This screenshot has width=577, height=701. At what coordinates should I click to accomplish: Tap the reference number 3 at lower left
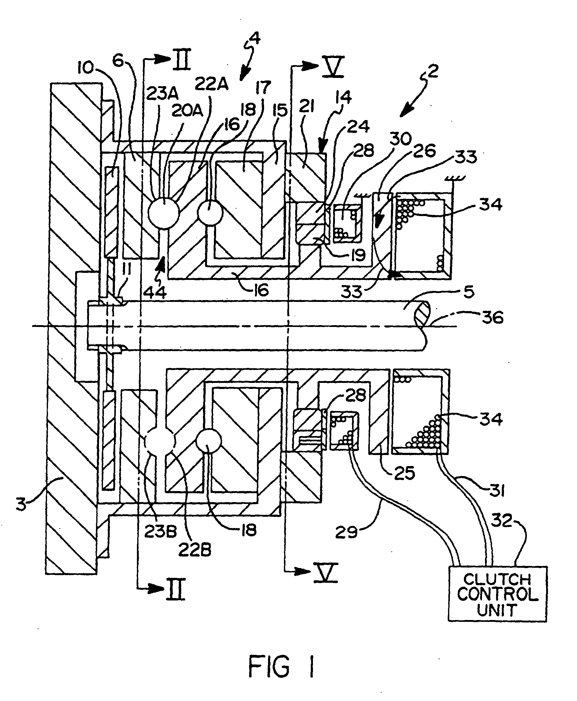[x=20, y=504]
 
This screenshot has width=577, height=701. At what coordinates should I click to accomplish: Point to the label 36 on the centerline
[x=493, y=317]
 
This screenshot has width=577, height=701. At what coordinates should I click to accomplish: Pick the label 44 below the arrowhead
[x=155, y=292]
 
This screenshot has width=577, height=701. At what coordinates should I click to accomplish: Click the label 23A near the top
[x=162, y=94]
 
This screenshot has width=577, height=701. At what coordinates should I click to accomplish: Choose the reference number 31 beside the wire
[x=497, y=490]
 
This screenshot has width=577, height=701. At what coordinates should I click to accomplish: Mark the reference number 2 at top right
[x=433, y=71]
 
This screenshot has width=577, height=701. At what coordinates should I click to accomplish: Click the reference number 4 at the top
[x=255, y=38]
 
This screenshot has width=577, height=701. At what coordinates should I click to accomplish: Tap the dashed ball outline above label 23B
[x=160, y=442]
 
